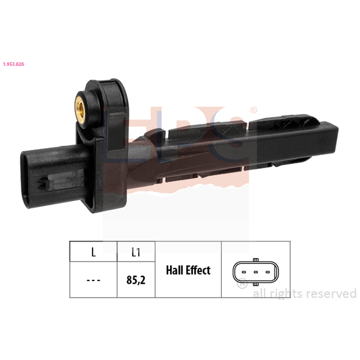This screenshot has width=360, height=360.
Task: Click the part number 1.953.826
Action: (13, 64)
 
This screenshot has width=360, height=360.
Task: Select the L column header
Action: (94, 252)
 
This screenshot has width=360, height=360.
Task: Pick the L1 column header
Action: (136, 252)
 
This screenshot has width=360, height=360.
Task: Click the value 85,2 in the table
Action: (136, 280)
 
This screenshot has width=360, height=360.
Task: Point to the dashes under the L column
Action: (94, 280)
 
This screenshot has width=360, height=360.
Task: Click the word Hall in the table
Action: (174, 270)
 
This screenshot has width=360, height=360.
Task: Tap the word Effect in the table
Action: (198, 270)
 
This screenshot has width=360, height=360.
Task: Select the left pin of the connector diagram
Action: (244, 272)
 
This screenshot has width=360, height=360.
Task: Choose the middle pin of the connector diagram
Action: (256, 272)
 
